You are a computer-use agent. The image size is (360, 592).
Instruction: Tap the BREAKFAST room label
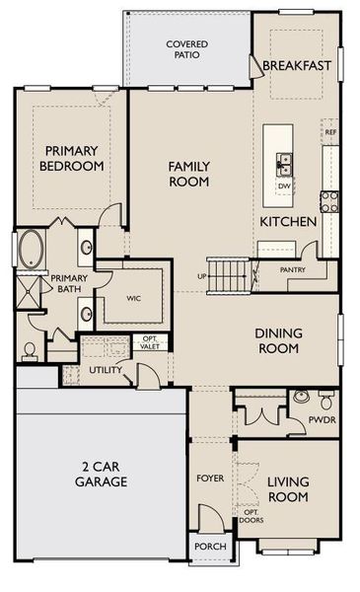click(297, 66)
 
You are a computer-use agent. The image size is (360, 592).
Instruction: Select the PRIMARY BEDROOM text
click(71, 158)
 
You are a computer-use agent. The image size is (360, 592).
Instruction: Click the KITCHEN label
click(288, 222)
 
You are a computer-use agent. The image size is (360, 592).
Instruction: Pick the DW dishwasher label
click(284, 185)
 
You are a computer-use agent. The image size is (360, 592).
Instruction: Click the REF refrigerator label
click(329, 131)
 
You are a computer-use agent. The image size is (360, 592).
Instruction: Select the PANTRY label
click(292, 269)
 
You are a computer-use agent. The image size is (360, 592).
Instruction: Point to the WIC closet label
click(135, 296)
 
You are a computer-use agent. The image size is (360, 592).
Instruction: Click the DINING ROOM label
click(277, 341)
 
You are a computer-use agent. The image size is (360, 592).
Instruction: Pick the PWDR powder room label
click(322, 418)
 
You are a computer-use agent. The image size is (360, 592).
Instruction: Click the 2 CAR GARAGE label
click(101, 473)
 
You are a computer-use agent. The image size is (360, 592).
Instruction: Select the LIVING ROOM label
click(288, 488)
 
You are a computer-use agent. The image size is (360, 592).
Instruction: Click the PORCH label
click(210, 546)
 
